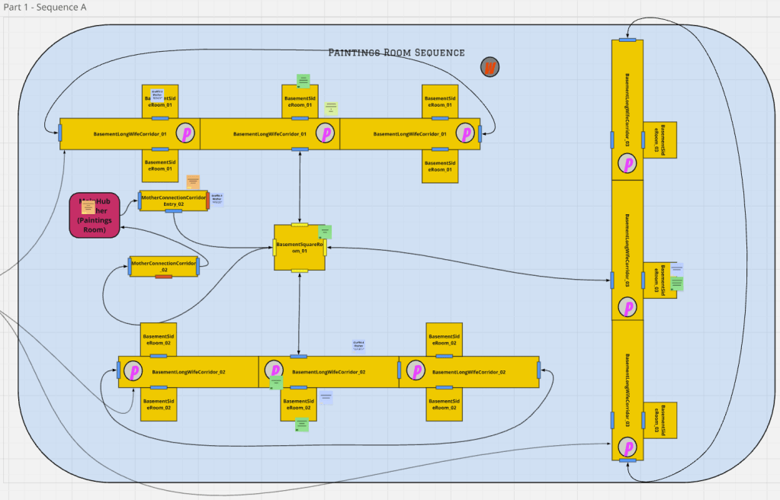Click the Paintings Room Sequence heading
point(396,53)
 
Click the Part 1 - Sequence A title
point(44,8)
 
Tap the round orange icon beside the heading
point(490,67)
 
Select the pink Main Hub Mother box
point(95,216)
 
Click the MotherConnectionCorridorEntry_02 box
point(173,200)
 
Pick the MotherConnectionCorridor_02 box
point(164,266)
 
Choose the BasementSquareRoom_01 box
point(300,248)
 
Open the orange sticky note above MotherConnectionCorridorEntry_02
point(193,181)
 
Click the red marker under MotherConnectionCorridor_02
point(163,276)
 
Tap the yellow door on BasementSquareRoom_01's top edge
point(300,225)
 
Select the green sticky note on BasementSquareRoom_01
point(325,231)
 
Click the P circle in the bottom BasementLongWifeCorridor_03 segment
point(628,447)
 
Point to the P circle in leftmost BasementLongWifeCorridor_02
point(134,371)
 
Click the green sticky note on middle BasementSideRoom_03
point(677,284)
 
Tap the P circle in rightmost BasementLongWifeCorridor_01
point(465,133)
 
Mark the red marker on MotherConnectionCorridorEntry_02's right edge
point(207,201)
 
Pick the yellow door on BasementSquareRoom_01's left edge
point(275,247)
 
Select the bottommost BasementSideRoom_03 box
point(660,421)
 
